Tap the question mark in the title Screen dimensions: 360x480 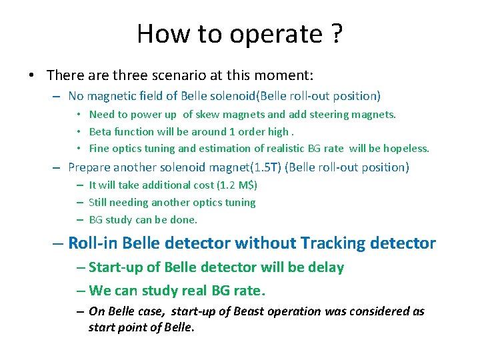coord(335,33)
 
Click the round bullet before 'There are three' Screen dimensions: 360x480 coord(32,75)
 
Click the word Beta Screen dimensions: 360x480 coord(101,131)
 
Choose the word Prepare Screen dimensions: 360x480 coord(90,167)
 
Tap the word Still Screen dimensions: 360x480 coord(98,202)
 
